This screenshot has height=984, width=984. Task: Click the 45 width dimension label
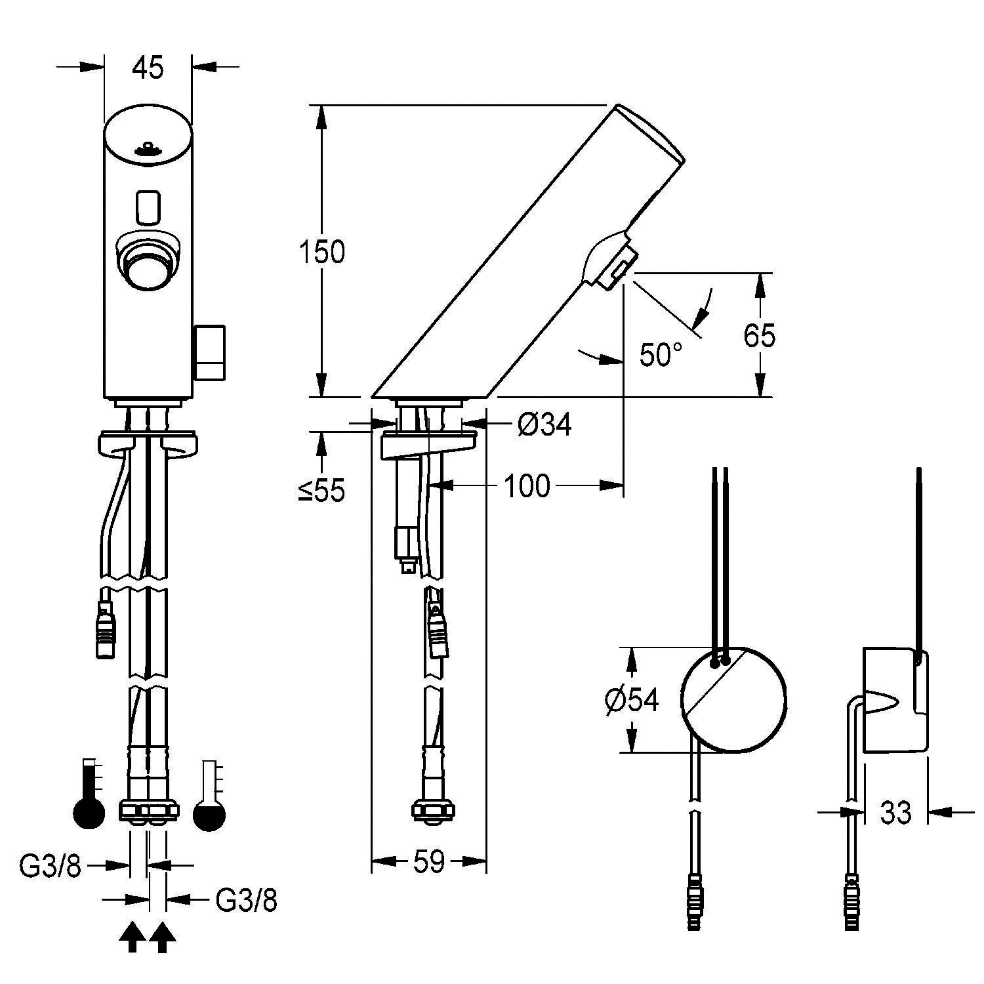[x=148, y=68]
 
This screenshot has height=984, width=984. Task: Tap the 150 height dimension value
[x=321, y=253]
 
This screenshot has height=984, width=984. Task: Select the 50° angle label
[x=661, y=356]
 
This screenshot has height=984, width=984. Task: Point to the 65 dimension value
[x=760, y=335]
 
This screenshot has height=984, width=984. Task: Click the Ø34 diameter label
[x=544, y=426]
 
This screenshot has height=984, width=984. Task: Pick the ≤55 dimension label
[x=321, y=489]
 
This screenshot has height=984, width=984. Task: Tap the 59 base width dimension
[x=429, y=861]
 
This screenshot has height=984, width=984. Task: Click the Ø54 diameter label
[x=631, y=701]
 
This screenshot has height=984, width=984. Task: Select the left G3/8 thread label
[x=50, y=867]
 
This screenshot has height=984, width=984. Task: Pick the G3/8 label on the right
[x=246, y=901]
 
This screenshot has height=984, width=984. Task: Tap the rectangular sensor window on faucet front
[x=148, y=206]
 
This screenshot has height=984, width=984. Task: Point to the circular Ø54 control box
[x=733, y=701]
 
